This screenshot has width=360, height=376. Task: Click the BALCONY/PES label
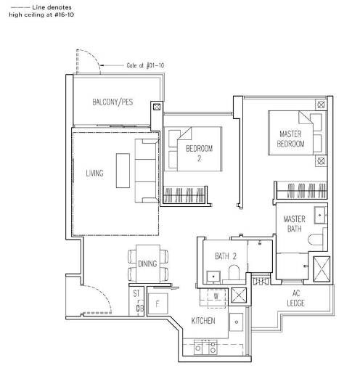[112, 102]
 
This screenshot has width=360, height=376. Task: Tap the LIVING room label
[94, 173]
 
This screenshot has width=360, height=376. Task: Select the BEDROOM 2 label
[200, 153]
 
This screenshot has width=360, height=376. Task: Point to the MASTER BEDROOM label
[290, 139]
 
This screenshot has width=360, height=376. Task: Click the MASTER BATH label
[294, 224]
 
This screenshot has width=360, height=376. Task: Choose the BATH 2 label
[226, 256]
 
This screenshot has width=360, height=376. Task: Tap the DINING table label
[147, 263]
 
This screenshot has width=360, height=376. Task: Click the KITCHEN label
[203, 321]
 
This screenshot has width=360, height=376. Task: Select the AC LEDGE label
[295, 298]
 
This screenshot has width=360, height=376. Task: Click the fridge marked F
[157, 303]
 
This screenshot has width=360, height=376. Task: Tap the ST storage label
[136, 293]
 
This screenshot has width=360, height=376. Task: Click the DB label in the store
[140, 308]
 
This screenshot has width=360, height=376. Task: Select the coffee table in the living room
[123, 171]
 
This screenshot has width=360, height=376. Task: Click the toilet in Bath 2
[234, 272]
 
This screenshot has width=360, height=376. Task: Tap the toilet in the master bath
[316, 240]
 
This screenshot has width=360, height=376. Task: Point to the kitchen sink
[236, 322]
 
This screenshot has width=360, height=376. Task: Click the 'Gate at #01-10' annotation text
[145, 65]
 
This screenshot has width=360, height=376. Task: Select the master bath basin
[321, 215]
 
